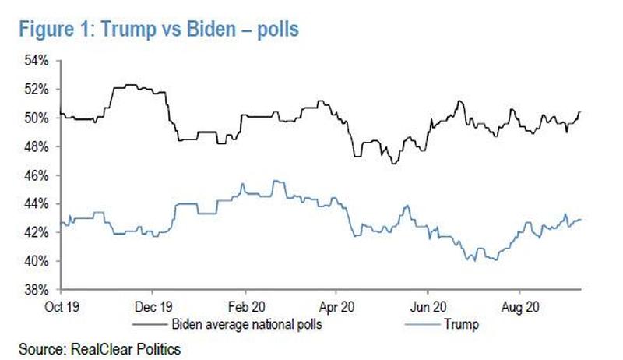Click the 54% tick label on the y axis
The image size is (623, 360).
coord(40,60)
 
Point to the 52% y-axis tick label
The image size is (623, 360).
coord(40,89)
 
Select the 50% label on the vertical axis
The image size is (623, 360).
coord(40,118)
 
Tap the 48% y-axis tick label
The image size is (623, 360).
coord(40,146)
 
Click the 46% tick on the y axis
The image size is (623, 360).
coord(40,175)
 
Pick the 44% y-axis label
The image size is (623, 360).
coord(40,203)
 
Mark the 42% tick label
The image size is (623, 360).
coord(40,232)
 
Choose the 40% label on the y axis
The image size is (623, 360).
coord(40,261)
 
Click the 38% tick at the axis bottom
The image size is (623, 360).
coord(40,289)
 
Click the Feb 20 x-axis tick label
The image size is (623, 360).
coord(245,305)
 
